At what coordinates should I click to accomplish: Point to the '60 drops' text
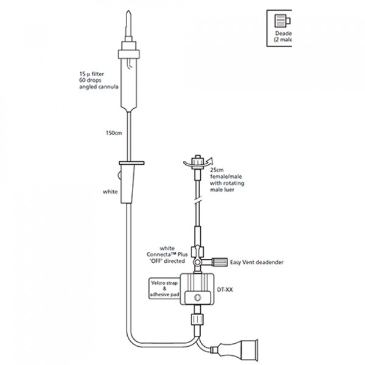point(91,81)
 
